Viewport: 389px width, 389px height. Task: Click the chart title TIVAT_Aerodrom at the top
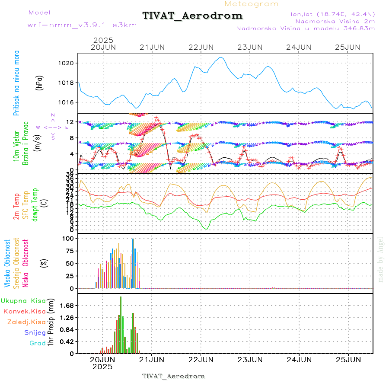(x=192, y=16)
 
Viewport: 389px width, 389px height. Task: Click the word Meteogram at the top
(x=252, y=4)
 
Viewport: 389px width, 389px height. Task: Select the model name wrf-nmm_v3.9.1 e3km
(x=82, y=25)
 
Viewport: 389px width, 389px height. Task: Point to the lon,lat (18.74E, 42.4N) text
(x=333, y=14)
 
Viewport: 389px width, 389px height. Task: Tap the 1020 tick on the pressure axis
(x=66, y=63)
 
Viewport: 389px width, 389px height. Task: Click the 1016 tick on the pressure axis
(x=66, y=102)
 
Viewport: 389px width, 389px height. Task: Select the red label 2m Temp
(x=17, y=207)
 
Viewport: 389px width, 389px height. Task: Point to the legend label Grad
(x=37, y=343)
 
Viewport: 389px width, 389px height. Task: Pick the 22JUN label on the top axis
(x=201, y=47)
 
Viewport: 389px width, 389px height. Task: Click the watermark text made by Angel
(x=381, y=259)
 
